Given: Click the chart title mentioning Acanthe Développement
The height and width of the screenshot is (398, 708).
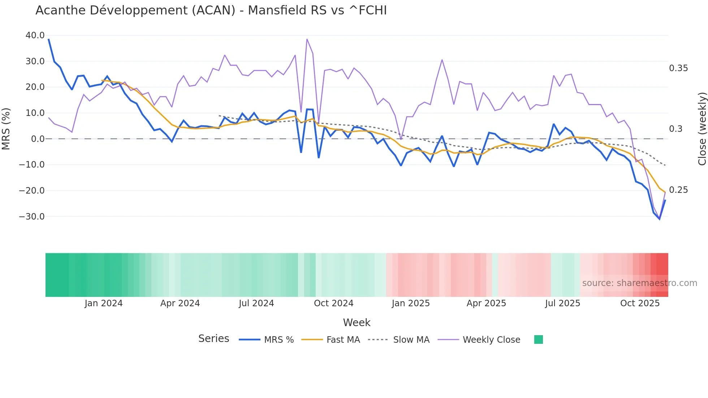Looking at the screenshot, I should click(211, 10).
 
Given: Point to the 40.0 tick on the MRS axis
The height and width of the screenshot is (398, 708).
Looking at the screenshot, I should click(35, 35).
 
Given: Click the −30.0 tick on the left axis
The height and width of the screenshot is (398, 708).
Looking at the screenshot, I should click(32, 217).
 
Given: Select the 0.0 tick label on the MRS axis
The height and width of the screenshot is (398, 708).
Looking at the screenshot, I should click(38, 139).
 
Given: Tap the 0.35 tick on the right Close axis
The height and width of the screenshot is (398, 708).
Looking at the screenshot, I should click(678, 68).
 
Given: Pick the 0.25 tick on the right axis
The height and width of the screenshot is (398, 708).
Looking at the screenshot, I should click(678, 190).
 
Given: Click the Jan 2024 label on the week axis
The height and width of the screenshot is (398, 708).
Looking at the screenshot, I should click(104, 303).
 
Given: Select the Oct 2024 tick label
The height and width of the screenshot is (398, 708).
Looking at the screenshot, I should click(333, 303).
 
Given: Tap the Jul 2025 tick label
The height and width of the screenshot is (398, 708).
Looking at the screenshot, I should click(562, 303).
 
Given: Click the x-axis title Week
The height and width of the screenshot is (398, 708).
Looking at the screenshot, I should click(357, 323).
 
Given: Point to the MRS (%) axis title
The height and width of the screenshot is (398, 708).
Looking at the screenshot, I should click(6, 129).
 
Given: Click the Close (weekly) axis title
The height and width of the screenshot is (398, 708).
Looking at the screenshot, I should click(702, 129).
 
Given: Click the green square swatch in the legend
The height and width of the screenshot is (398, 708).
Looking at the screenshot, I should click(538, 339).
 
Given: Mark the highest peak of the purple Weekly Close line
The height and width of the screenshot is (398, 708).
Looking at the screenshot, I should click(307, 39).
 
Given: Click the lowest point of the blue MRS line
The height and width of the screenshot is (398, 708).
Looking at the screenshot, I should click(659, 219).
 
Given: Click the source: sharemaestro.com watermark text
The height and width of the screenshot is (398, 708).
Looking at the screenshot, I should click(639, 283).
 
